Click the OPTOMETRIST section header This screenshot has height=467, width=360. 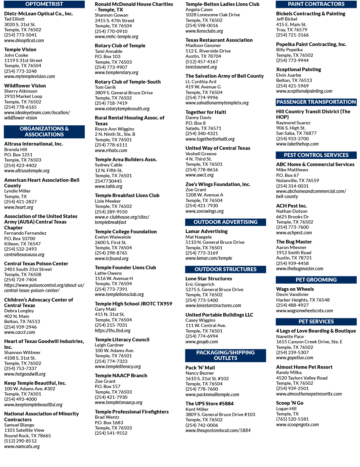tap(44, 4)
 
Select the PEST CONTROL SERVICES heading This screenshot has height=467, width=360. tap(316, 155)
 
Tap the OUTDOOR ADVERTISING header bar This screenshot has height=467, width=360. tap(225, 222)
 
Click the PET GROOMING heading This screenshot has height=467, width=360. tap(316, 280)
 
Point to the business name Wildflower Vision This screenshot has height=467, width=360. tap(25, 86)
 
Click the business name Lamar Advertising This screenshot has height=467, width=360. tap(206, 231)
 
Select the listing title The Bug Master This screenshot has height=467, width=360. tap(294, 242)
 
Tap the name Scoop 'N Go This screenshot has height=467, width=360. tap(290, 403)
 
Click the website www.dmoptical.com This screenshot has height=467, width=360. tap(24, 40)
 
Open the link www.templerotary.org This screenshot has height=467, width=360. tap(116, 72)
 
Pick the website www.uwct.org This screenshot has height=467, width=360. tap(200, 175)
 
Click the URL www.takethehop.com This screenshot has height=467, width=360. tap(297, 144)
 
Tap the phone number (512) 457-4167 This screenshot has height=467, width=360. tap(202, 62)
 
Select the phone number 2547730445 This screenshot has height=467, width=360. tap(108, 181)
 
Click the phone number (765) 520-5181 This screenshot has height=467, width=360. tap(292, 419)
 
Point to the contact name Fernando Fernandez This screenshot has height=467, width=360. tap(25, 233)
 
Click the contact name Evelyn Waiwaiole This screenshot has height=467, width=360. tap(113, 237)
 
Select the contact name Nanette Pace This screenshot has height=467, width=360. tap(290, 336)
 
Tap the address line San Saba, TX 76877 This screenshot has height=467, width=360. tap(296, 133)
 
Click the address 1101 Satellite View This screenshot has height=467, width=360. tap(24, 430)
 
